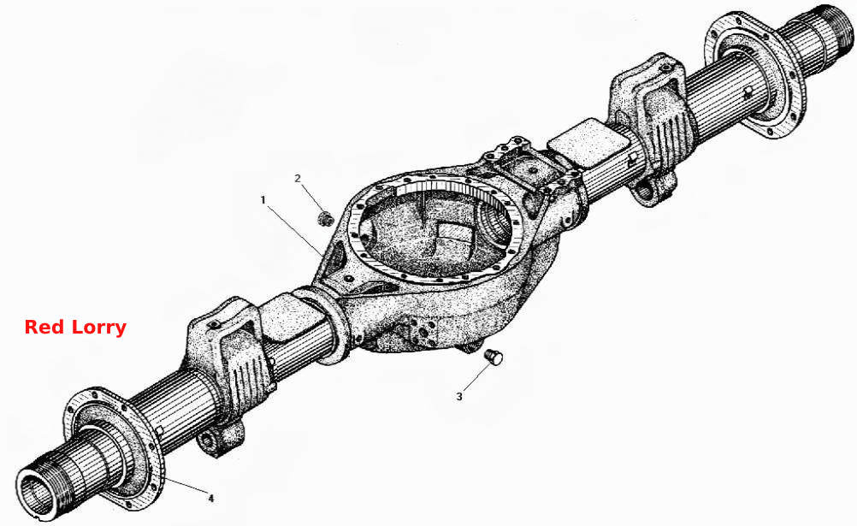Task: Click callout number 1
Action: click(x=263, y=200)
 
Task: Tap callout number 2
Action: click(x=298, y=178)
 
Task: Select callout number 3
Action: click(x=459, y=396)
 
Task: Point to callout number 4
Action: click(x=211, y=498)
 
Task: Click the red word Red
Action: click(x=43, y=327)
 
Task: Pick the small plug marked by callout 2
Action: click(x=327, y=218)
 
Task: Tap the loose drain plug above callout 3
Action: click(x=494, y=357)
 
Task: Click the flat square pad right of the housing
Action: click(x=587, y=143)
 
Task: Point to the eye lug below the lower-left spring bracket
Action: click(x=219, y=440)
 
